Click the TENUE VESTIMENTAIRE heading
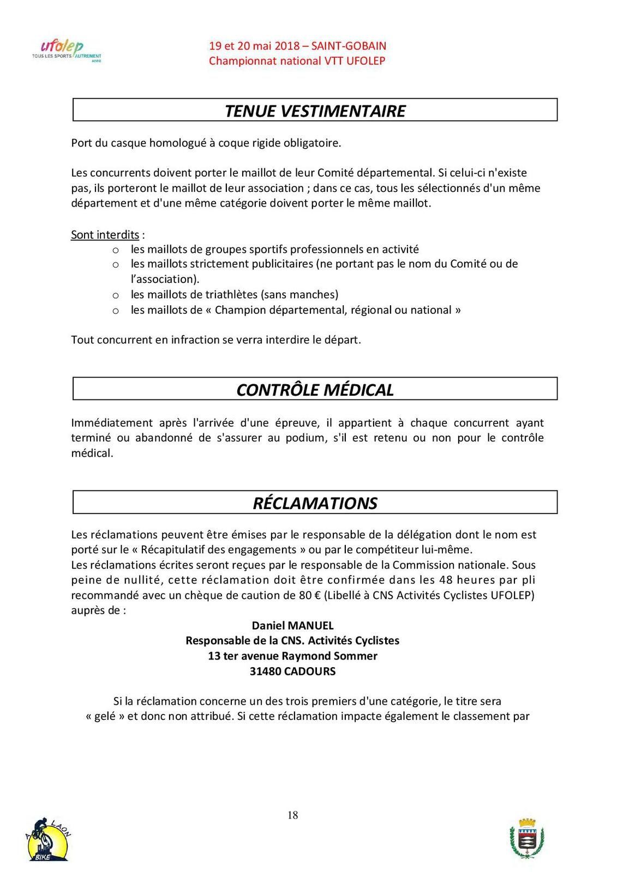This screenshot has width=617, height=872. click(315, 111)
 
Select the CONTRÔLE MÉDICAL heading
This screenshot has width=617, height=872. click(315, 390)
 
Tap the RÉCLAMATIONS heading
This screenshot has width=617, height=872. click(315, 502)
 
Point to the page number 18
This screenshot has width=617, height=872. click(292, 815)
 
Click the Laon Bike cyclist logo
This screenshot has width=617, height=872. click(48, 840)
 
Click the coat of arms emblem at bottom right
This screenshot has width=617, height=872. click(526, 840)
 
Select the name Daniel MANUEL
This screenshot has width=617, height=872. click(292, 626)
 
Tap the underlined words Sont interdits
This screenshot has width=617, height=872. click(105, 235)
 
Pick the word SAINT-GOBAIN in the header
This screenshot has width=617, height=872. click(349, 46)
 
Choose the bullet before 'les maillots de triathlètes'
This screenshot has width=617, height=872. click(116, 295)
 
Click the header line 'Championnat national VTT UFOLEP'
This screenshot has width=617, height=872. click(297, 61)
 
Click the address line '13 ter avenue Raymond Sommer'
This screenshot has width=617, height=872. click(292, 656)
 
